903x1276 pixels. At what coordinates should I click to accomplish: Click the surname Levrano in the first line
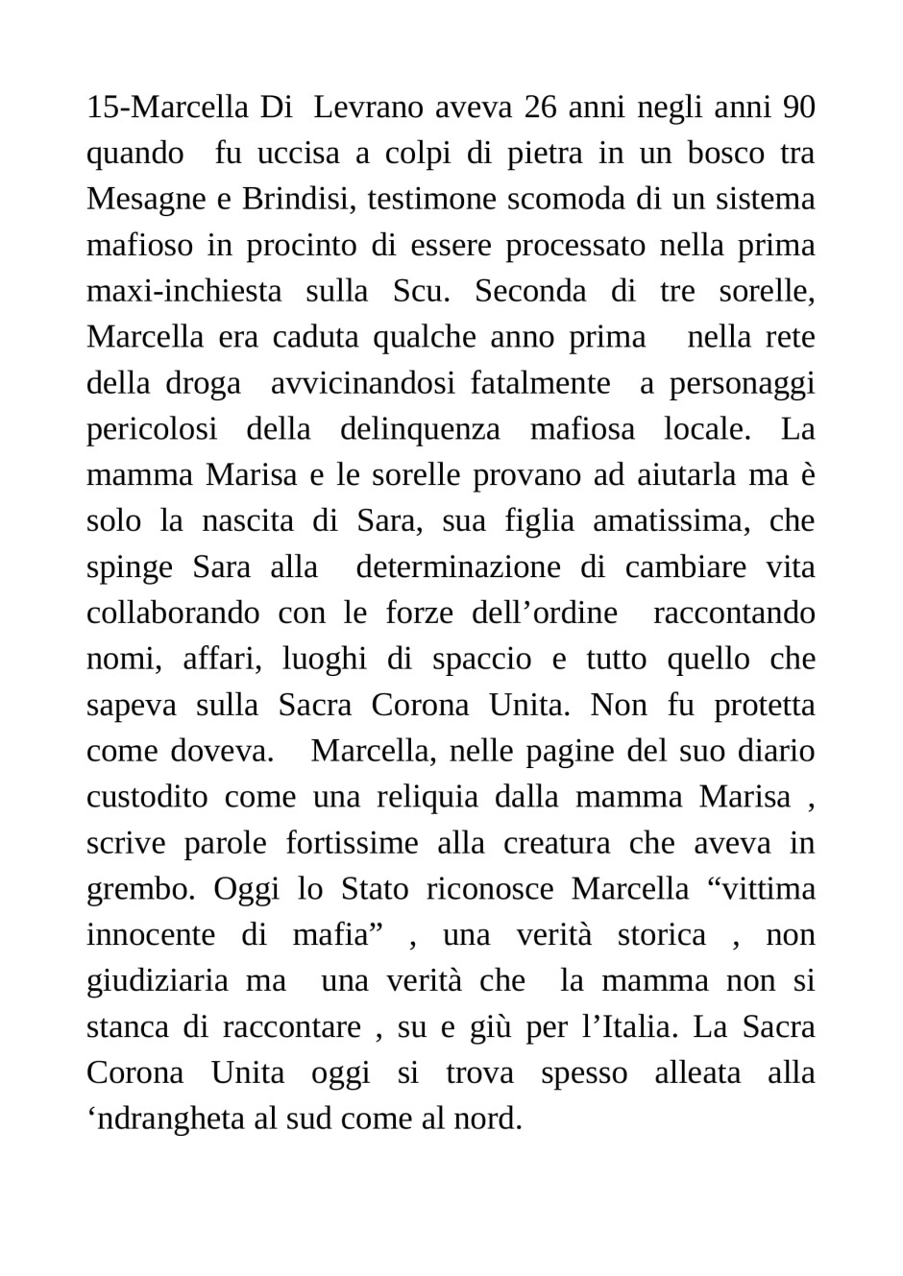tap(369, 108)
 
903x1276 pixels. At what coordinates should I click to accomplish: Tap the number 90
tap(798, 108)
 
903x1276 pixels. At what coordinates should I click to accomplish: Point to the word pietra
tap(537, 154)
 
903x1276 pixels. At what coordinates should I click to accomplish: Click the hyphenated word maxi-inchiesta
tap(183, 292)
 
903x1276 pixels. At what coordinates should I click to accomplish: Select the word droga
tap(203, 383)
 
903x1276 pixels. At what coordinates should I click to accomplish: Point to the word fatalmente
tap(540, 383)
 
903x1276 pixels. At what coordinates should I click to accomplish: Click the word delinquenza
tap(420, 429)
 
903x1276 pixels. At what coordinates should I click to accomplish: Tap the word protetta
tap(764, 706)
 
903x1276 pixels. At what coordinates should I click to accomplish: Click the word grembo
tap(139, 890)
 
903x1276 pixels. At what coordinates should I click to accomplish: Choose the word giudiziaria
tap(158, 981)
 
